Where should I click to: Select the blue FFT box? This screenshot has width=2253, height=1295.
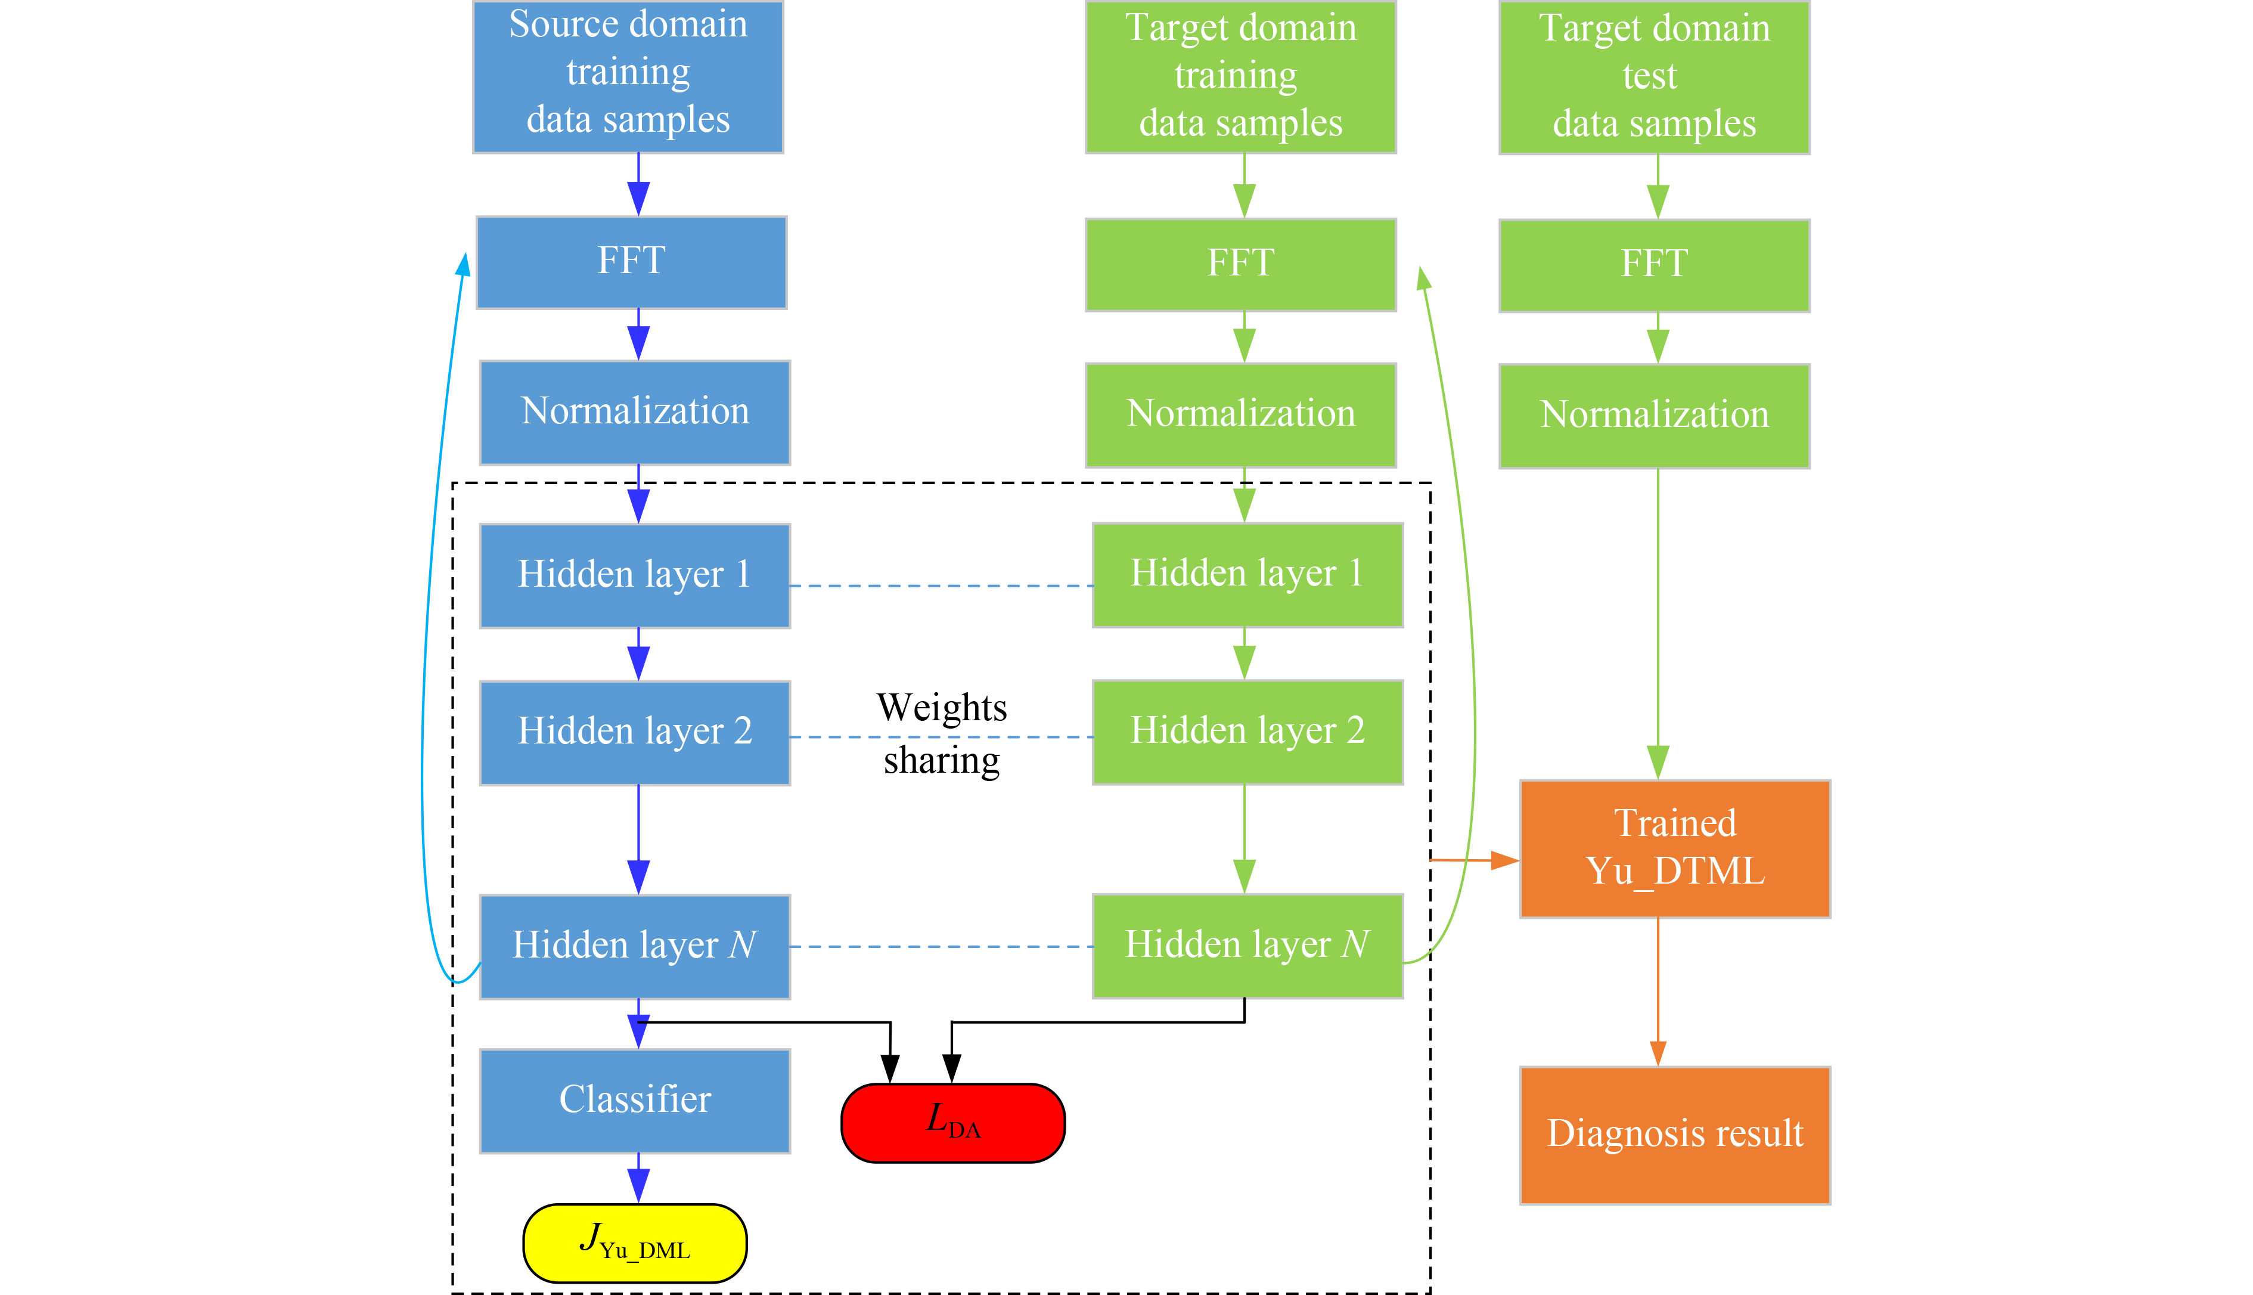tap(631, 262)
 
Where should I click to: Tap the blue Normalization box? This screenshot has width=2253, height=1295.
tap(635, 412)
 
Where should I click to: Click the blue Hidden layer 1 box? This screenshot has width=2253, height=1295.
tap(635, 575)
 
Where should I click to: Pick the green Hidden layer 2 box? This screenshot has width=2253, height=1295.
tap(1247, 732)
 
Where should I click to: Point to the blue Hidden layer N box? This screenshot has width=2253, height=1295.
tap(635, 946)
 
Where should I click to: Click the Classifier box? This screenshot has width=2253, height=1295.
tap(635, 1100)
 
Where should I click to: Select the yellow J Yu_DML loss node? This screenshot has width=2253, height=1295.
tap(635, 1243)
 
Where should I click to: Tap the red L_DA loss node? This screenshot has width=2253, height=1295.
tap(953, 1123)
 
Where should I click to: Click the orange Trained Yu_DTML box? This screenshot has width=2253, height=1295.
tap(1675, 848)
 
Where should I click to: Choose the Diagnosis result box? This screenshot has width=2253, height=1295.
tap(1675, 1135)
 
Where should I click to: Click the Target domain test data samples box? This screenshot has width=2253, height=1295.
tap(1654, 78)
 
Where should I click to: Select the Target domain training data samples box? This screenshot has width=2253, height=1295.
tap(1240, 78)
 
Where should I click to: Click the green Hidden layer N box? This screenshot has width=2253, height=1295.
tap(1247, 946)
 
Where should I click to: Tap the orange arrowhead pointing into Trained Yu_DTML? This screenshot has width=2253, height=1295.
tap(1504, 860)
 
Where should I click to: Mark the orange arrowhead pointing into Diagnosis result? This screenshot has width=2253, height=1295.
tap(1658, 1052)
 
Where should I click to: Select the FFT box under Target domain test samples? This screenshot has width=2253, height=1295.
tap(1654, 265)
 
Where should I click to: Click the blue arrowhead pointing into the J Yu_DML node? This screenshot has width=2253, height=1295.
tap(638, 1186)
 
